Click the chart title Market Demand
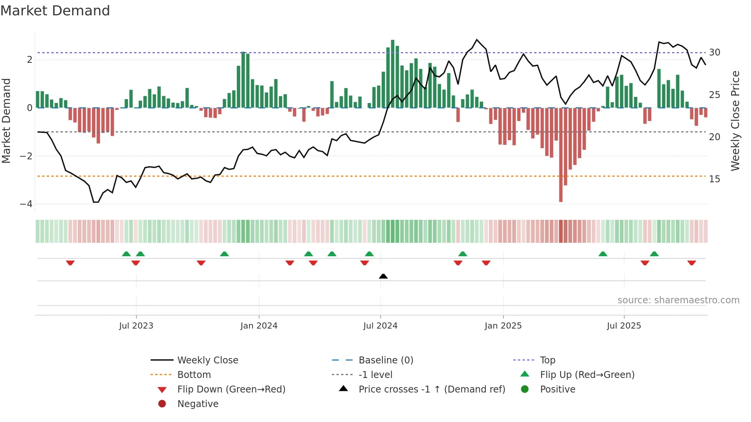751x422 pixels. point(55,11)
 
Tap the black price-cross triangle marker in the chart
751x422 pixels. point(383,276)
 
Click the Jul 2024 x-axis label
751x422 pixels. point(380,326)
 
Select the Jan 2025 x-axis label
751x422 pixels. point(503,326)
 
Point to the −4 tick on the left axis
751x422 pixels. point(26,204)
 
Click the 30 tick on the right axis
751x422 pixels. point(714,52)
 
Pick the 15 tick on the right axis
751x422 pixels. point(714,179)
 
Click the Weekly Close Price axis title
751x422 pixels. point(735,121)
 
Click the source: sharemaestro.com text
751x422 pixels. point(678,300)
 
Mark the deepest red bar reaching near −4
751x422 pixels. point(561,155)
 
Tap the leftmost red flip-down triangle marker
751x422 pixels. point(70,263)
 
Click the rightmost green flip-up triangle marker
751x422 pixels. point(654,254)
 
